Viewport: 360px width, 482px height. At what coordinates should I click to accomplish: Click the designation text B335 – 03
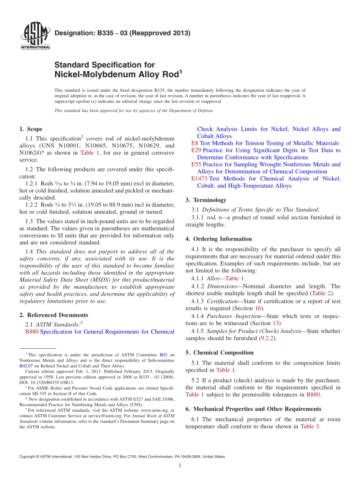click(x=122, y=33)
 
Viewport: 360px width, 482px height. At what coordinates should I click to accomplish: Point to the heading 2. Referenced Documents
click(x=53, y=315)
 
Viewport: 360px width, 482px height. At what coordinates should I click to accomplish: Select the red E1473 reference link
click(x=199, y=178)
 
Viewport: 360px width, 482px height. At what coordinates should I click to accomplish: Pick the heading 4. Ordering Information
click(x=219, y=239)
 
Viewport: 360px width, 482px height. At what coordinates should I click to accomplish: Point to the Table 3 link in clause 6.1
click(x=310, y=426)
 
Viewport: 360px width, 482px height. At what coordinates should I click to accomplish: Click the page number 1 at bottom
click(x=180, y=466)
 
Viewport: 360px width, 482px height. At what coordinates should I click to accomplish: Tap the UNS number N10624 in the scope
click(x=32, y=153)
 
